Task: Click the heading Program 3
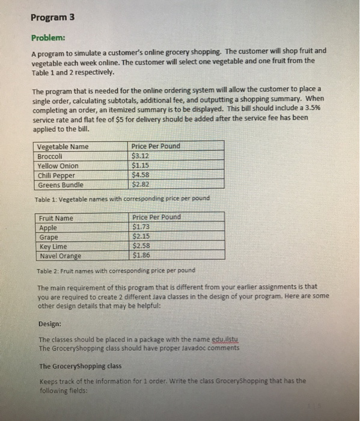52,17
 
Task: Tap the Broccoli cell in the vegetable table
52,156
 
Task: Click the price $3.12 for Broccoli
141,156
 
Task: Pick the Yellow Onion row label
58,165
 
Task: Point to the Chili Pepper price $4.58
141,175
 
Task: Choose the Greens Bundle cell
60,185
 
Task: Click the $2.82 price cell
141,185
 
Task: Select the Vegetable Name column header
63,146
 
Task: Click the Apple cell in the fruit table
48,228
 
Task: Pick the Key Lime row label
53,247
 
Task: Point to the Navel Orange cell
60,256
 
